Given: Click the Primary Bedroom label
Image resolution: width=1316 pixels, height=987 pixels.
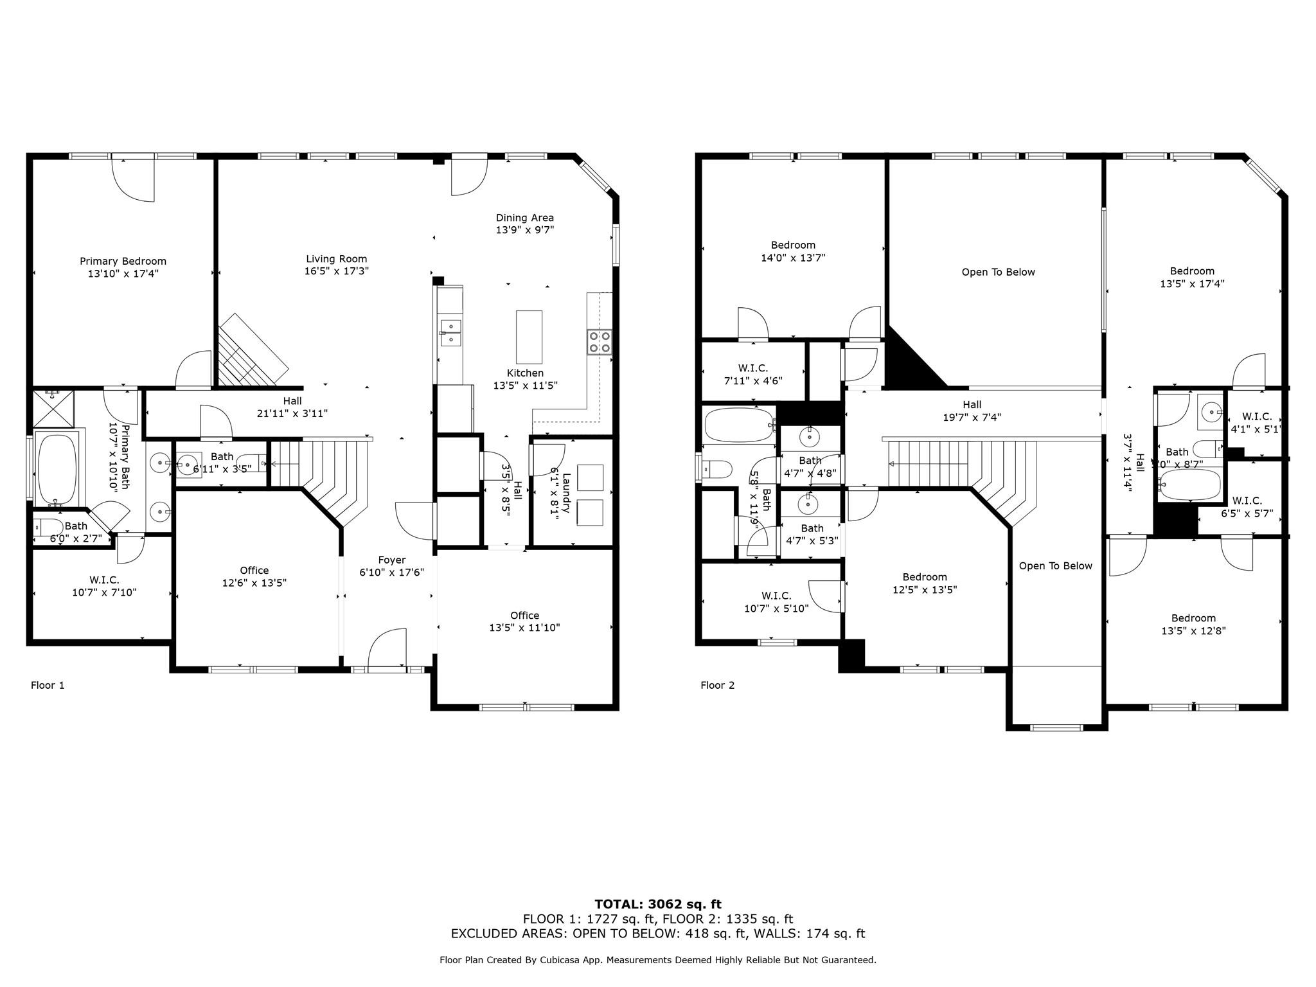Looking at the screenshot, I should coord(123,261).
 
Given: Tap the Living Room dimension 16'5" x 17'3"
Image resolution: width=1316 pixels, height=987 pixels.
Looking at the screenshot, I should coord(336,271).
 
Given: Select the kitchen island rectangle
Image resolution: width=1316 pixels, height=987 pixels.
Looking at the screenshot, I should coord(529,337).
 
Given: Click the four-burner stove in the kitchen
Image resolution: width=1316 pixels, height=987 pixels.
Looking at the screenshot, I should coord(600,342).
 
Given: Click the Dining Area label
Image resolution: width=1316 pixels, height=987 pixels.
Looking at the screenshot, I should coord(524,218).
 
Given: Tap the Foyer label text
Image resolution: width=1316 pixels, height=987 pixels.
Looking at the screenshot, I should coord(391,560).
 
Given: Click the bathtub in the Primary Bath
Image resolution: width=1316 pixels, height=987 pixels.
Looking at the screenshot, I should coord(57,470).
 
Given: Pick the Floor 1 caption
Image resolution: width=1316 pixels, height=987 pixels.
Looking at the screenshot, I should coord(48,685).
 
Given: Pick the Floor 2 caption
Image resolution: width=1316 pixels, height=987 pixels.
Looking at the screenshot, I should coord(717,685).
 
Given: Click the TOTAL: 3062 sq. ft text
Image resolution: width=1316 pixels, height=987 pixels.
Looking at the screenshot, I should coord(657,904).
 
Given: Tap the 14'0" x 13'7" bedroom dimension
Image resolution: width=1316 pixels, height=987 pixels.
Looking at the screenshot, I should coord(793,258).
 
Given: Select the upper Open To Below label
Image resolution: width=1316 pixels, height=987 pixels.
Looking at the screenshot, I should coord(998,272).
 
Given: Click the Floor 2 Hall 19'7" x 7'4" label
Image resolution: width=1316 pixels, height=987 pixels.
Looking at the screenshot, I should coord(972,411).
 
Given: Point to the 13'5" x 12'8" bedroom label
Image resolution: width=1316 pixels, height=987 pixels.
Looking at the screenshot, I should coord(1193,631).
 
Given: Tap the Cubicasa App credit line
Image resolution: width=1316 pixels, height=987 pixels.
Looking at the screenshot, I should coord(657,959).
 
